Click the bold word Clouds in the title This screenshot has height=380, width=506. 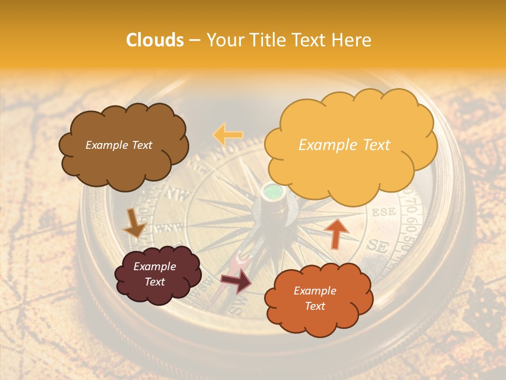(155, 40)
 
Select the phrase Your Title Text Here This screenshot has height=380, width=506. (288, 40)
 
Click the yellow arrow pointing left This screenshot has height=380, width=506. (228, 135)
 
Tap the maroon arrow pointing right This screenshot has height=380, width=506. (236, 280)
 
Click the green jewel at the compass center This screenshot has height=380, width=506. (273, 191)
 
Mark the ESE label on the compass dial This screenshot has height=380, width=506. (383, 213)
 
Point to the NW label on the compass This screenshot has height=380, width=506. (180, 196)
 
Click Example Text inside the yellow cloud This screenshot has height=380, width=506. (344, 145)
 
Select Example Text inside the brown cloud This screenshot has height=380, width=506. (119, 145)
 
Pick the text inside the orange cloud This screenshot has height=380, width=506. (315, 298)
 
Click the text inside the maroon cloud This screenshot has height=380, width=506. (154, 274)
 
